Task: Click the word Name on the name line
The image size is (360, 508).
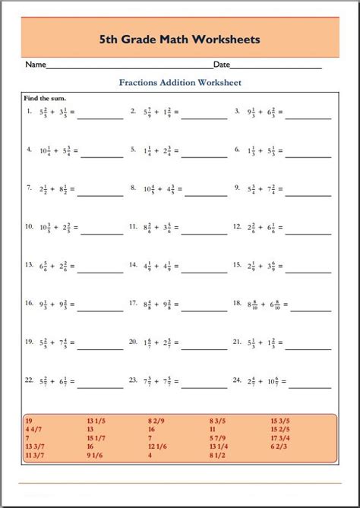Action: click(x=36, y=65)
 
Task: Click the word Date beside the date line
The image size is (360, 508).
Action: click(x=222, y=65)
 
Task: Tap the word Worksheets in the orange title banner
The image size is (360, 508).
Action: click(x=227, y=38)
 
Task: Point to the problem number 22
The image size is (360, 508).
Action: click(x=28, y=379)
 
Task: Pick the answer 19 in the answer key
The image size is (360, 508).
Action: click(x=30, y=419)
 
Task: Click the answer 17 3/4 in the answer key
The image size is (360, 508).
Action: click(x=280, y=438)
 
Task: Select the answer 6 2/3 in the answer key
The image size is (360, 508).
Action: click(x=278, y=447)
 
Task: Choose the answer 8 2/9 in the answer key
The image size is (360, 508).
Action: click(x=158, y=419)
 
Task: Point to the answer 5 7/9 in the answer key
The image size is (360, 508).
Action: click(x=219, y=438)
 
